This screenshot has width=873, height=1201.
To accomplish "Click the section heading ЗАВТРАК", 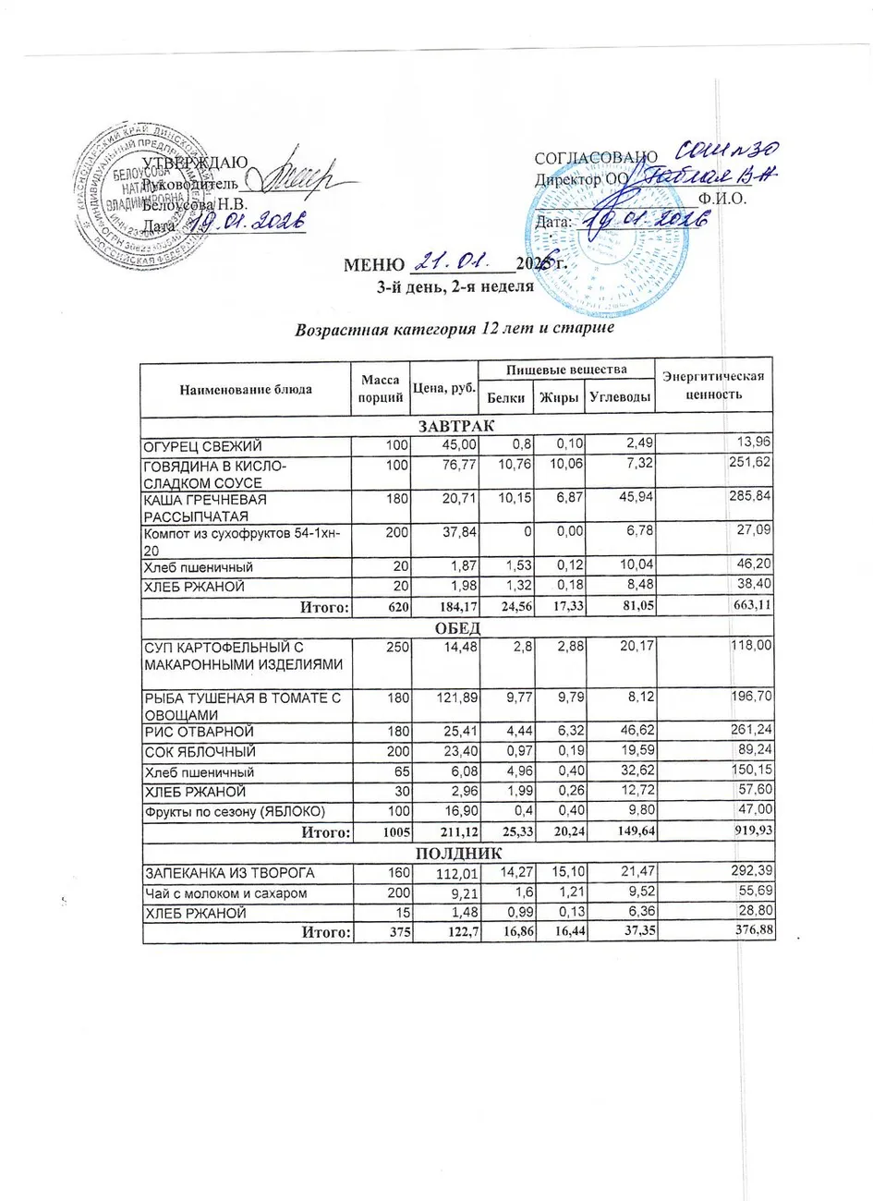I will click(x=456, y=426).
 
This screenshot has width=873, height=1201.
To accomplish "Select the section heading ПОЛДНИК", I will click(x=457, y=853).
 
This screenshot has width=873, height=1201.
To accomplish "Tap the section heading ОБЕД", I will click(x=457, y=627).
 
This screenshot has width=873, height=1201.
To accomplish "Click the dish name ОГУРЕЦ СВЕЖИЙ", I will click(x=201, y=446).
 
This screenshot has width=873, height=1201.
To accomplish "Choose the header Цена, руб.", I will click(x=443, y=388).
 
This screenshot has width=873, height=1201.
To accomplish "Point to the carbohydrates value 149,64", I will click(x=627, y=832).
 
